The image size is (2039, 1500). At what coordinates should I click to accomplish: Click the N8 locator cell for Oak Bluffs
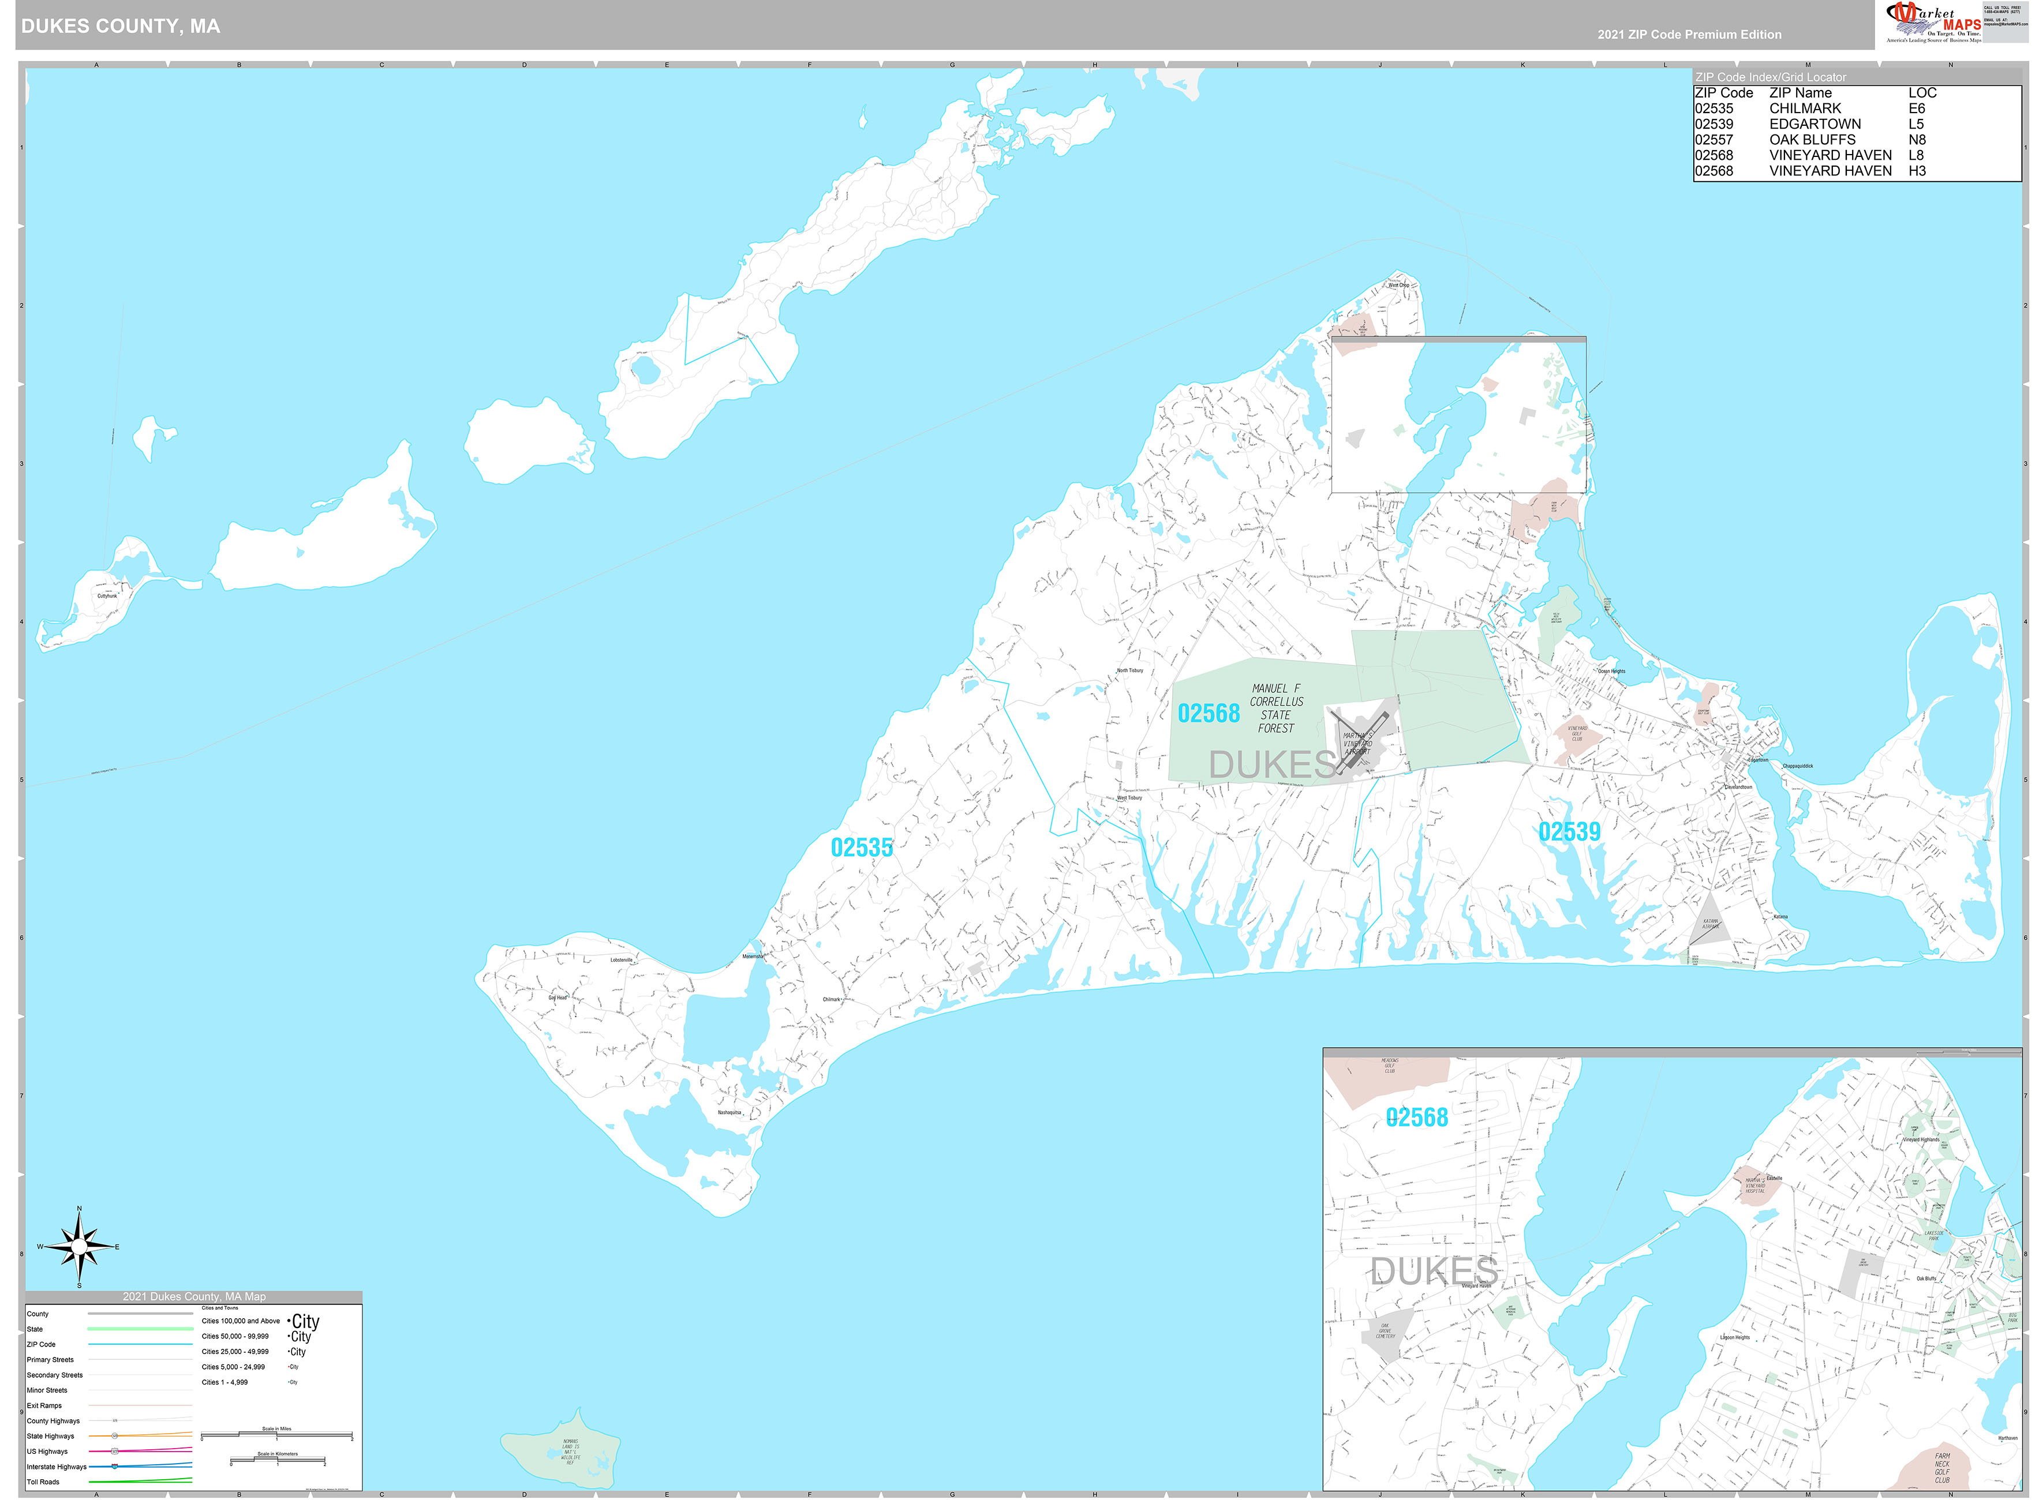click(x=1917, y=140)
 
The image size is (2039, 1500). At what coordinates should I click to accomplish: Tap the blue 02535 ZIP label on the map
click(x=861, y=847)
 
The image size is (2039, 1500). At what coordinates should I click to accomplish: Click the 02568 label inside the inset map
click(x=1417, y=1117)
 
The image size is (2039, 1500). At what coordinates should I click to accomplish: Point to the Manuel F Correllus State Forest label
click(x=1276, y=708)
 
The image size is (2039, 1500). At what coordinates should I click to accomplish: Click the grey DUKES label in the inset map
click(x=1433, y=1271)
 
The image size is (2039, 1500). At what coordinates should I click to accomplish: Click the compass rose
click(x=79, y=1247)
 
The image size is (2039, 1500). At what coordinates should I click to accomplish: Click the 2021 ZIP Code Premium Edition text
click(x=1689, y=35)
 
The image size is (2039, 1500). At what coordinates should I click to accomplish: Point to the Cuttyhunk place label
click(x=107, y=595)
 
